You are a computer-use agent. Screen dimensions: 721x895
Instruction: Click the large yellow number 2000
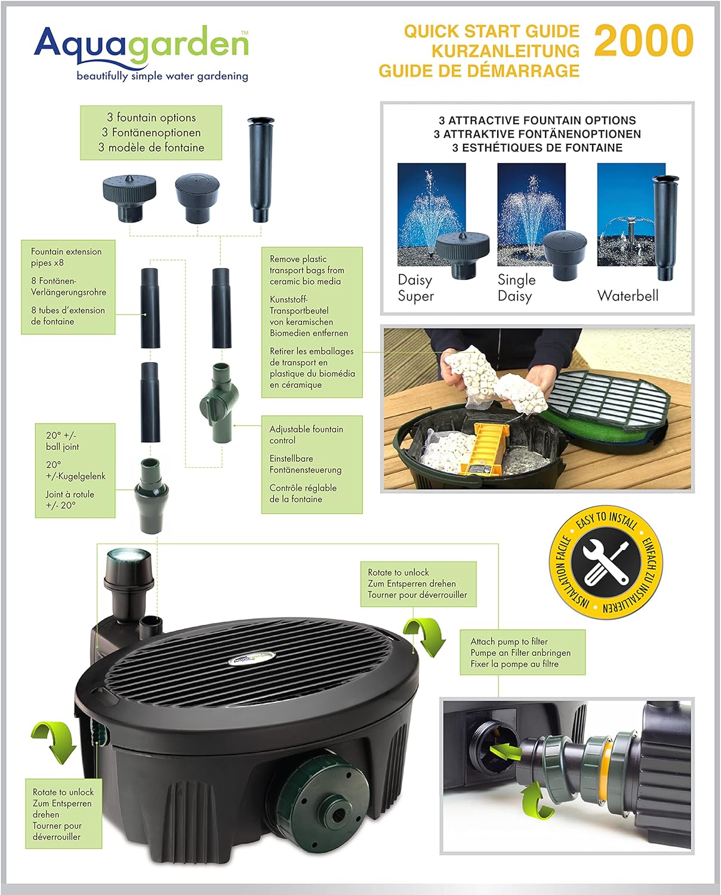(x=643, y=41)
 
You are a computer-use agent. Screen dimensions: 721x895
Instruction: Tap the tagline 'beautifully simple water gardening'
(x=162, y=76)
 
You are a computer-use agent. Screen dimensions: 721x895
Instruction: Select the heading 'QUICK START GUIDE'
(x=492, y=32)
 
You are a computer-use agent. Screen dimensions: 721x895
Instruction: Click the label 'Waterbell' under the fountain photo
(x=628, y=296)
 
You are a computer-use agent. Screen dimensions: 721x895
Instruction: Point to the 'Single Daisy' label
(x=516, y=288)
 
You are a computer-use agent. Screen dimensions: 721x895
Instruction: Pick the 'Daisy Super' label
(x=415, y=288)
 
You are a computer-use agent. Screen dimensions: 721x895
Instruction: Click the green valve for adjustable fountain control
(x=219, y=402)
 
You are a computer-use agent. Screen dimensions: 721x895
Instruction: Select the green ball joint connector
(x=150, y=495)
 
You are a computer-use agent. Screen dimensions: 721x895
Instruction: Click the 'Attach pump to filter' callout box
(x=522, y=652)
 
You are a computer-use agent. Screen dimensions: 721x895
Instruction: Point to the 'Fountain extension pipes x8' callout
(x=68, y=287)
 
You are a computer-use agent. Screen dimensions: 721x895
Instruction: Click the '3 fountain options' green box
(x=151, y=132)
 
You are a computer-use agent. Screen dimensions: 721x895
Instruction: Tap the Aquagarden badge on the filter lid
(x=252, y=657)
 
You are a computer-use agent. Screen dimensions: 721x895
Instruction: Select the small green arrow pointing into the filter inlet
(x=505, y=752)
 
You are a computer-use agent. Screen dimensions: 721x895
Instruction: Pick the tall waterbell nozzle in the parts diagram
(x=260, y=169)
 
